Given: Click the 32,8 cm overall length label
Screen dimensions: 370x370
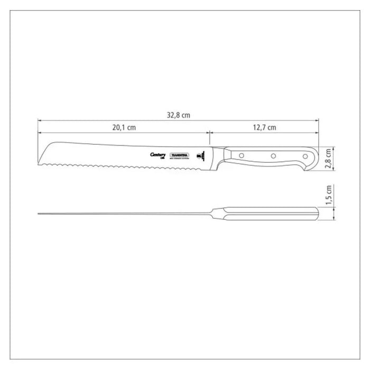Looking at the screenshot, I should pyautogui.click(x=178, y=116).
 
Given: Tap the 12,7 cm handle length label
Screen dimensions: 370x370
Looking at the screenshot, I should pyautogui.click(x=264, y=127).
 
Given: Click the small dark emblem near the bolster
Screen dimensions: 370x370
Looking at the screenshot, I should pyautogui.click(x=200, y=155).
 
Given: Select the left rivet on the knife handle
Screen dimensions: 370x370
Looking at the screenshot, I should pyautogui.click(x=239, y=155).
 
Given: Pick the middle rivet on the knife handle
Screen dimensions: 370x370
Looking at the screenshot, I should pyautogui.click(x=273, y=156).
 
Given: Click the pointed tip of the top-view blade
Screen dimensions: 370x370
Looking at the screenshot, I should pyautogui.click(x=40, y=214).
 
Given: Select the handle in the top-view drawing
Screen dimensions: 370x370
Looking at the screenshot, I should pyautogui.click(x=270, y=214).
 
